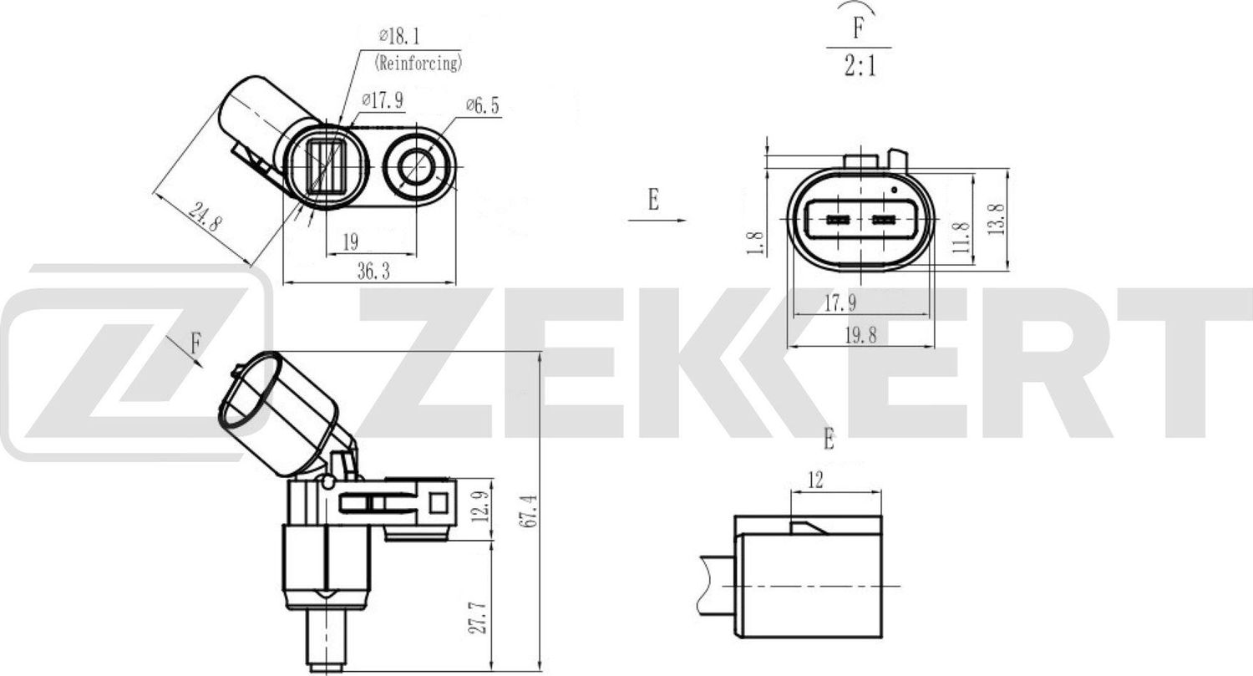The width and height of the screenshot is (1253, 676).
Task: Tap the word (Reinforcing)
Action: click(x=419, y=62)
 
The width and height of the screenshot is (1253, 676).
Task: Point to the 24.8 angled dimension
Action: click(x=205, y=218)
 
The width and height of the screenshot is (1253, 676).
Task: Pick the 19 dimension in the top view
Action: click(x=350, y=242)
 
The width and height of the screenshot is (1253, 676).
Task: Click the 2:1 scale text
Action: click(x=859, y=66)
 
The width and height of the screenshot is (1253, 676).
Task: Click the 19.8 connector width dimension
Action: click(x=860, y=335)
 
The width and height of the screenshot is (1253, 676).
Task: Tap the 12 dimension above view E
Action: click(x=815, y=480)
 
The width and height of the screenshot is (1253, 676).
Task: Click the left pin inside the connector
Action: click(x=837, y=221)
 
